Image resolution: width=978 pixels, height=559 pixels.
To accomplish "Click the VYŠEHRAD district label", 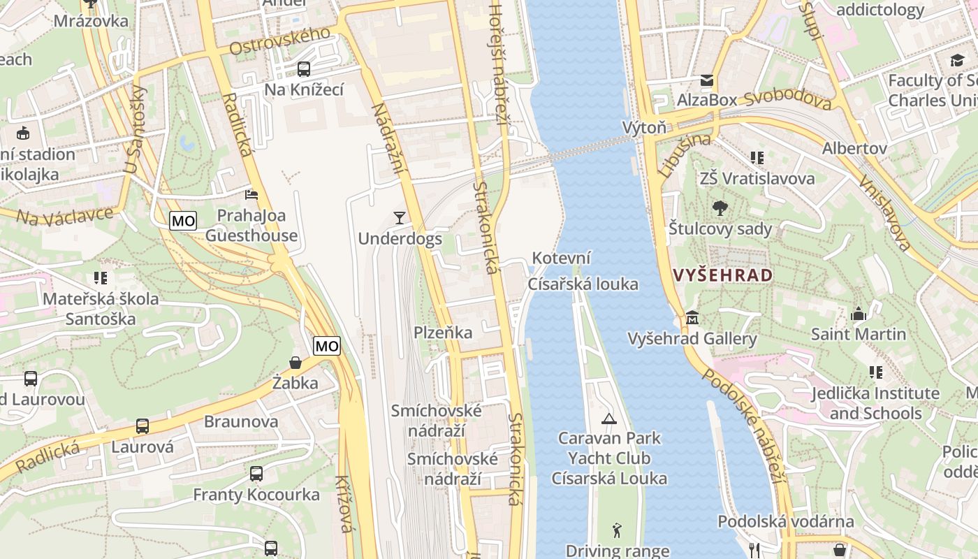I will (x=724, y=275).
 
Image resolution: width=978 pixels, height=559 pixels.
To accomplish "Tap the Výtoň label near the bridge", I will (x=644, y=128).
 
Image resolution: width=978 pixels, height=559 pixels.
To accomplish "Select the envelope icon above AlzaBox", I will (x=707, y=80).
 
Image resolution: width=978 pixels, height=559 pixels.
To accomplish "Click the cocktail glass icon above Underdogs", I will (x=399, y=218).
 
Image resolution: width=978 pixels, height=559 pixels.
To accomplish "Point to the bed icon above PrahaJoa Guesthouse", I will (x=251, y=194).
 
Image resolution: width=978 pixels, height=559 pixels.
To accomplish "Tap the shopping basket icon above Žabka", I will (x=295, y=363).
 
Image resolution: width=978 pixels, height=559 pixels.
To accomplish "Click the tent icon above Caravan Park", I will (x=609, y=419).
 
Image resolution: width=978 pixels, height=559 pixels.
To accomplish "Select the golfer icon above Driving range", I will (x=617, y=530).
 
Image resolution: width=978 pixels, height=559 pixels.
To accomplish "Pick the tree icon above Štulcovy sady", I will (x=720, y=208).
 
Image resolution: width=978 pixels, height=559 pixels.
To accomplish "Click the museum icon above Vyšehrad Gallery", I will (x=692, y=318).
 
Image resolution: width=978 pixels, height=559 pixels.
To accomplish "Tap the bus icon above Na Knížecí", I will (x=304, y=69).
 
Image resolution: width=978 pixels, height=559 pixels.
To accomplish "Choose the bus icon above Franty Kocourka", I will (x=256, y=474).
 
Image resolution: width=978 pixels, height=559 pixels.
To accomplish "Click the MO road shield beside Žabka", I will (x=326, y=345).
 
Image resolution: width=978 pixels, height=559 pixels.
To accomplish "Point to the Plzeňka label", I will (x=443, y=333).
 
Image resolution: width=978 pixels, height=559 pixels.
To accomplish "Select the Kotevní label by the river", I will (x=562, y=258).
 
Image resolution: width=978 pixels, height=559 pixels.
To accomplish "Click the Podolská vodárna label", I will (x=785, y=521).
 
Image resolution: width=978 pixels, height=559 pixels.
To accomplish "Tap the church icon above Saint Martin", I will (x=858, y=314).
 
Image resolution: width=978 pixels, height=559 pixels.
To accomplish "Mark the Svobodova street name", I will (x=787, y=100).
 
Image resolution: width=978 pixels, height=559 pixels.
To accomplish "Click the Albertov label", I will (x=854, y=148).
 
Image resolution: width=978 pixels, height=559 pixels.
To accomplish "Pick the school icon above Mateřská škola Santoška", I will (x=101, y=278).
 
